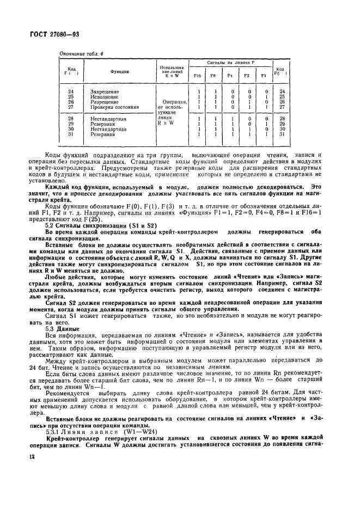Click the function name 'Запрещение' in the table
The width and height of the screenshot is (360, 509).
tap(104, 91)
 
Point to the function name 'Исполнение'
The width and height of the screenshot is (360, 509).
tap(104, 97)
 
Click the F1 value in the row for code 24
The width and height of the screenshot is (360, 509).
tap(264, 91)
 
